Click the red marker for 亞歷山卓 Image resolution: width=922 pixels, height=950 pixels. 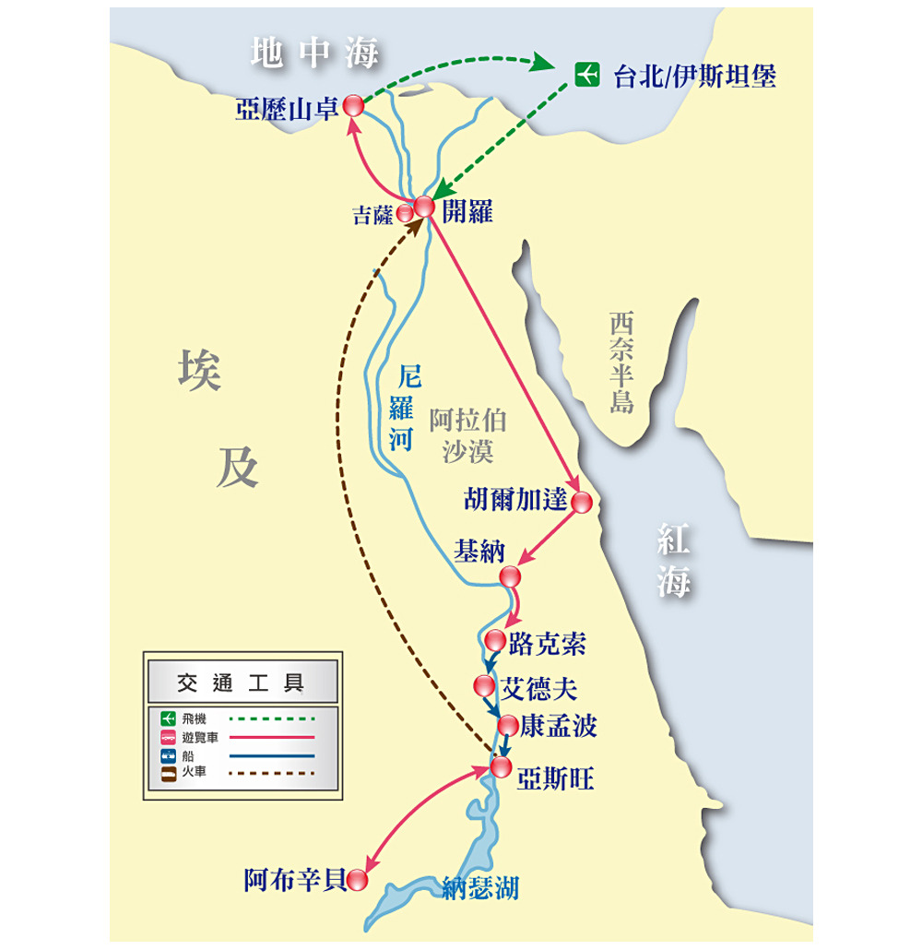(x=354, y=105)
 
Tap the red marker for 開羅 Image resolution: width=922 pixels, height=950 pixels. (x=424, y=207)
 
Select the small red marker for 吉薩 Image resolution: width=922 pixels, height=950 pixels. (x=405, y=213)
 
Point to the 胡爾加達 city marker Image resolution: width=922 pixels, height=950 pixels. (x=582, y=503)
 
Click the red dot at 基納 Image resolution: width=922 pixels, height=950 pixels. (x=510, y=576)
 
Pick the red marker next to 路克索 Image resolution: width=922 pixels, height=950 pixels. (x=495, y=640)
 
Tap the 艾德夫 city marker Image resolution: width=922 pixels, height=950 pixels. (x=484, y=686)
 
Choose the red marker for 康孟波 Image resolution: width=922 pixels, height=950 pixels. (x=508, y=726)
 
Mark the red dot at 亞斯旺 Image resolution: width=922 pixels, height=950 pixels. (x=501, y=767)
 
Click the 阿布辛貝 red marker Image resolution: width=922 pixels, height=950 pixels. (x=358, y=880)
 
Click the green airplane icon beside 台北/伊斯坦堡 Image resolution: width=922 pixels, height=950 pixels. (x=586, y=75)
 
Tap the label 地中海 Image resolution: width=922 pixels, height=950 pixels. (x=314, y=53)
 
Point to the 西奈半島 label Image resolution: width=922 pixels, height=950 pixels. (x=621, y=362)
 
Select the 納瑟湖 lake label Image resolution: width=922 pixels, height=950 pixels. (x=480, y=888)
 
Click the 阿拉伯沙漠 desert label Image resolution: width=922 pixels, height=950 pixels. (x=467, y=435)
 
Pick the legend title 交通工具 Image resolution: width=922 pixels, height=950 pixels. (x=241, y=683)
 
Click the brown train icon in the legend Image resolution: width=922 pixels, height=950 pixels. (x=169, y=774)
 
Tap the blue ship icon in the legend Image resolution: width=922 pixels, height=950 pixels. (x=169, y=755)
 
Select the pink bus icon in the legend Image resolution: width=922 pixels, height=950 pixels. (x=169, y=737)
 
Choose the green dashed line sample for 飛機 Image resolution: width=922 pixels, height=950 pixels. (x=272, y=718)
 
